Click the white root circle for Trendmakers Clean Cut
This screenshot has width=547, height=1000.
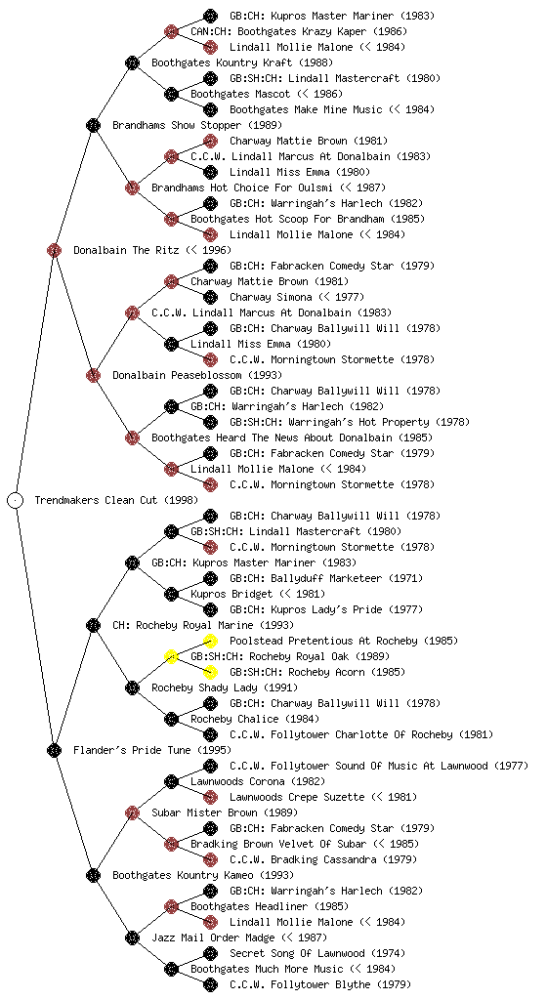click(x=16, y=500)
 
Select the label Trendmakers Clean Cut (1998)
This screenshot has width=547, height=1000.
click(x=116, y=500)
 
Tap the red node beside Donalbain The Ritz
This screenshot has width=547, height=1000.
click(x=54, y=250)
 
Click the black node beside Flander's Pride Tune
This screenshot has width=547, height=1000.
click(x=54, y=750)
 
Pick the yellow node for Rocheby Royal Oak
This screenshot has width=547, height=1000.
click(x=171, y=656)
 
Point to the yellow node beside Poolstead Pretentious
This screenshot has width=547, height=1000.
click(x=210, y=641)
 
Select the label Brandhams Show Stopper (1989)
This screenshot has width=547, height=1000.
click(x=197, y=125)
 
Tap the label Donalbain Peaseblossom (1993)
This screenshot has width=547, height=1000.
click(x=197, y=375)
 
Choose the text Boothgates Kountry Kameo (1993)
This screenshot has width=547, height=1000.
click(x=203, y=875)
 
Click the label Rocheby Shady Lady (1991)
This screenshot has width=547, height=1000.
click(x=225, y=687)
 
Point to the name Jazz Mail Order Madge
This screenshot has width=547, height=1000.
click(x=213, y=937)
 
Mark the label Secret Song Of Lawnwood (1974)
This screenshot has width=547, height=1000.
click(x=317, y=953)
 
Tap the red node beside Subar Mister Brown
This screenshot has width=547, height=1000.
click(x=132, y=812)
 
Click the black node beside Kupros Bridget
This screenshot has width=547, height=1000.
click(x=171, y=594)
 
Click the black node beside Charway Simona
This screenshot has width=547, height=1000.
click(x=210, y=297)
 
